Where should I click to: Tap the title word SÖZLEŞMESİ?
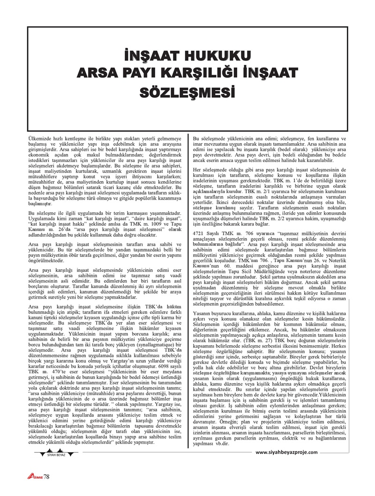click(187, 89)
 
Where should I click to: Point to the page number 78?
click(46, 477)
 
